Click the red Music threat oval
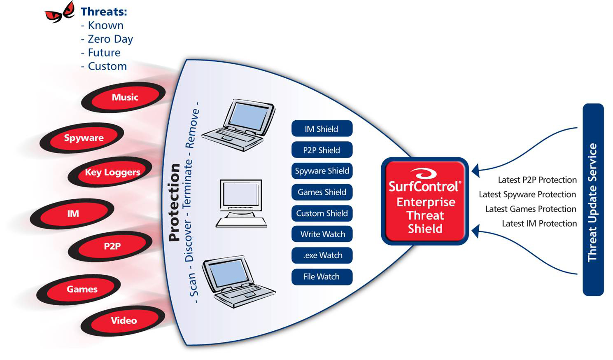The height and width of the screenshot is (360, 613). click(125, 97)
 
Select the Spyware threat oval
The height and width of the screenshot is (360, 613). click(84, 138)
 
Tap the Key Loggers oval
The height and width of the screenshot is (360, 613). click(112, 172)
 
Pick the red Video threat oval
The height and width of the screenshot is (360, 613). click(124, 320)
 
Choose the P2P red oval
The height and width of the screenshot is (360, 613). click(112, 246)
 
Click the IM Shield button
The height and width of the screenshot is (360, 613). click(322, 129)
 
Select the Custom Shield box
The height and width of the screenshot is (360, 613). click(322, 213)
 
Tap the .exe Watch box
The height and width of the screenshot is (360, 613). click(322, 255)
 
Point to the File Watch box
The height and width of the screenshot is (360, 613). click(322, 277)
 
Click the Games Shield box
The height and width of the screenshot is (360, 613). click(322, 192)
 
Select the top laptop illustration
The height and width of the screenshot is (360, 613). click(241, 124)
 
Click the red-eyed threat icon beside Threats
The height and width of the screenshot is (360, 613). click(60, 12)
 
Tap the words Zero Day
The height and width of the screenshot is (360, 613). click(110, 39)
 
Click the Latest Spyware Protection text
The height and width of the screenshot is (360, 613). click(527, 194)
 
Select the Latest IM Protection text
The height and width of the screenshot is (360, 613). click(539, 224)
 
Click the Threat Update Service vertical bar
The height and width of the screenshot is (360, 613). click(593, 200)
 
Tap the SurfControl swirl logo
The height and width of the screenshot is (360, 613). click(424, 173)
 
